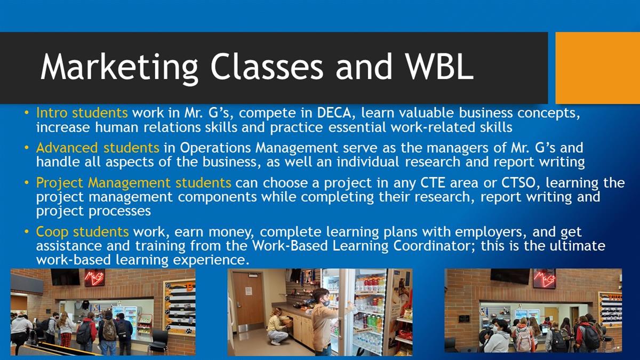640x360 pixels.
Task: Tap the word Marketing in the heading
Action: pos(119,69)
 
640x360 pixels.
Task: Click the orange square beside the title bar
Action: pos(598,68)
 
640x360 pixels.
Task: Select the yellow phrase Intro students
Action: pos(82,113)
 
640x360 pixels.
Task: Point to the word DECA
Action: pos(334,113)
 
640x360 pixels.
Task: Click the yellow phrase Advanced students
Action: pos(98,148)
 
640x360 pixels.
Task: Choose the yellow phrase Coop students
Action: pos(82,231)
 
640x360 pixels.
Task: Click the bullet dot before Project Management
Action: pos(27,182)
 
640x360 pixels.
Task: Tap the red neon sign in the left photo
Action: pos(94,278)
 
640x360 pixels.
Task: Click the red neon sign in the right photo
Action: pos(545,278)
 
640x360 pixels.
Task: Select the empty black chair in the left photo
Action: pos(158,341)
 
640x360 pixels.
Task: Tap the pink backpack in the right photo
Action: pos(523,339)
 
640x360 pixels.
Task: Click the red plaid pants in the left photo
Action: pos(66,341)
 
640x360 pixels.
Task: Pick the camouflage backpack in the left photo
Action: pos(109,330)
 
